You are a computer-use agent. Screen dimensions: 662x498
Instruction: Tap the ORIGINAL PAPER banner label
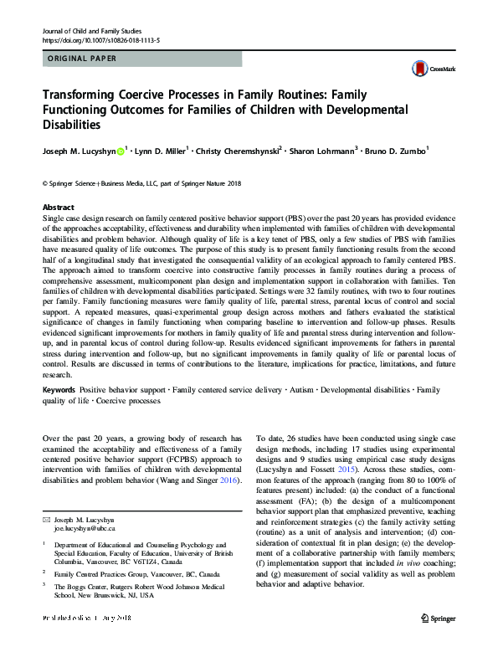(x=80, y=59)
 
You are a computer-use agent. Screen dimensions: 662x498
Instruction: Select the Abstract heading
(x=59, y=207)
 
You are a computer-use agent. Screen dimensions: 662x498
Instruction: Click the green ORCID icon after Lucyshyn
(x=121, y=151)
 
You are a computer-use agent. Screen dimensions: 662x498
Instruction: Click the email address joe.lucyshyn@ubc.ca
(x=85, y=530)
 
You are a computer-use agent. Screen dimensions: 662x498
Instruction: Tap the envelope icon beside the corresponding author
(x=47, y=521)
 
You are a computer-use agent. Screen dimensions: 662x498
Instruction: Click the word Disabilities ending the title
(x=70, y=125)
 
